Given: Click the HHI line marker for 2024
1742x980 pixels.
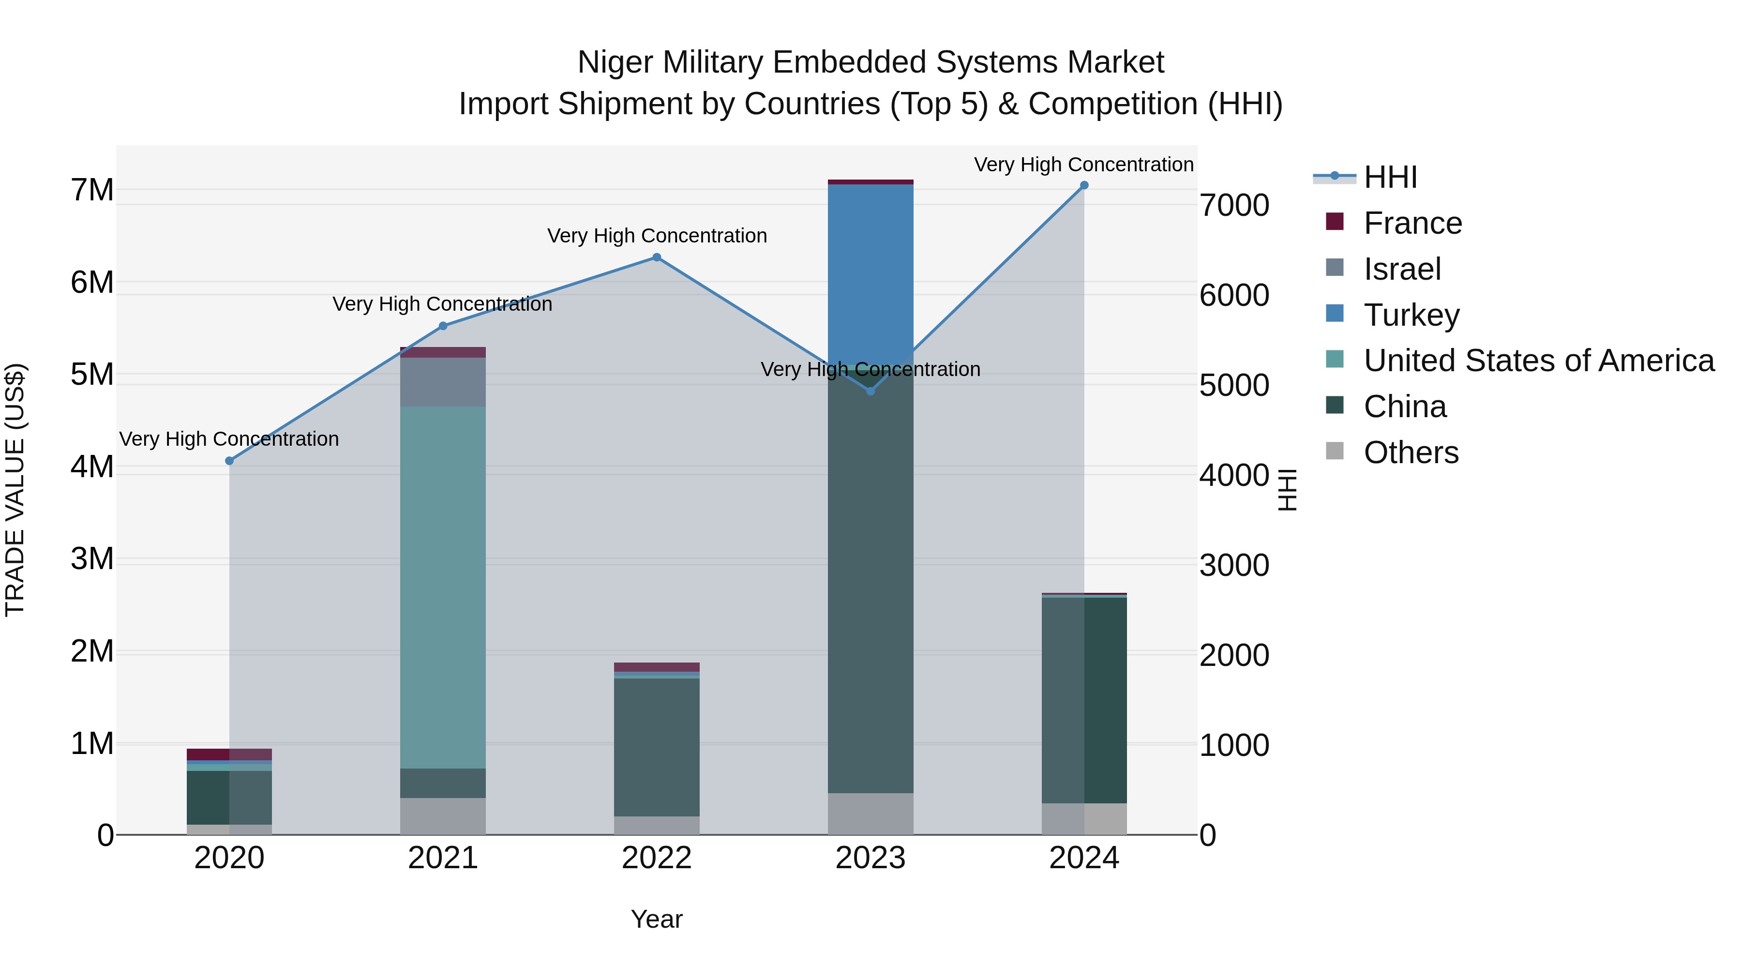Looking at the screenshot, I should [1084, 185].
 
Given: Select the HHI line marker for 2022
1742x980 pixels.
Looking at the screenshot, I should [657, 257].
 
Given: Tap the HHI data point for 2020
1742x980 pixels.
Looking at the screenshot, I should [229, 461].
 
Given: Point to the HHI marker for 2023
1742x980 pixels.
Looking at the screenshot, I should [871, 391].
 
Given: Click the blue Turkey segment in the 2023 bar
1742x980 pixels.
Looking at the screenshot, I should [871, 271].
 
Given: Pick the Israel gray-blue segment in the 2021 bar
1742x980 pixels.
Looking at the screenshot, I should [443, 382].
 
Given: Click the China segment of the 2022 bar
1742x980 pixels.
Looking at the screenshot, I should [657, 747].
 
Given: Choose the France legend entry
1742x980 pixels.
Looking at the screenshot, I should [1412, 223].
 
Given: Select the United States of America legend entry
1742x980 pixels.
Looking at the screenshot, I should [1538, 361].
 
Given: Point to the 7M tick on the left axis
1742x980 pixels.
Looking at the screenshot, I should [92, 190].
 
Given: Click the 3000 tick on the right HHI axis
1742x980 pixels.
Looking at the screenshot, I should [1234, 565].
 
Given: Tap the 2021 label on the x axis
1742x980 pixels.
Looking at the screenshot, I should [443, 858].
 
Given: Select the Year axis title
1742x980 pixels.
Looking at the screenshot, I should [657, 919].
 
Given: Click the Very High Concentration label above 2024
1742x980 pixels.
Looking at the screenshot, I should [1083, 165].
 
